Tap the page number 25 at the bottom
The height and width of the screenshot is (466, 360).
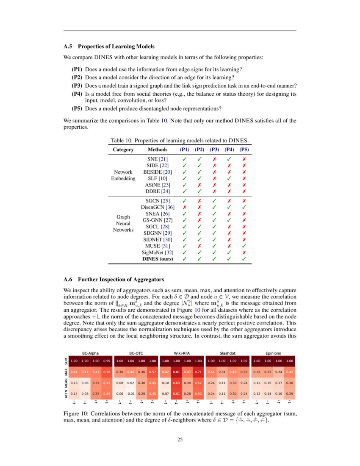[x=180, y=439]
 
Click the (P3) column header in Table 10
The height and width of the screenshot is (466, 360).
[x=214, y=150]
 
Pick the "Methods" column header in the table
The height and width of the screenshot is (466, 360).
[x=157, y=150]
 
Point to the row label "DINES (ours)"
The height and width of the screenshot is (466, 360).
[x=158, y=258]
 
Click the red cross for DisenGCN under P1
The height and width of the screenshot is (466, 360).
[x=184, y=207]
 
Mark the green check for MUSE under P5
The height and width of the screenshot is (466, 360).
[x=244, y=246]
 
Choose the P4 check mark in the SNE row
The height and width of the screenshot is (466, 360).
[x=229, y=159]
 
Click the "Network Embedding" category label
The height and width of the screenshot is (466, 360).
[x=124, y=175]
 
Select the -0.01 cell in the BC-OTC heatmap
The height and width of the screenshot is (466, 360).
[x=131, y=394]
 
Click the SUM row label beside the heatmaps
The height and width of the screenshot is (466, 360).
[x=66, y=361]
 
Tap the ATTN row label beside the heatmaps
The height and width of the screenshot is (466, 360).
[x=66, y=394]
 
